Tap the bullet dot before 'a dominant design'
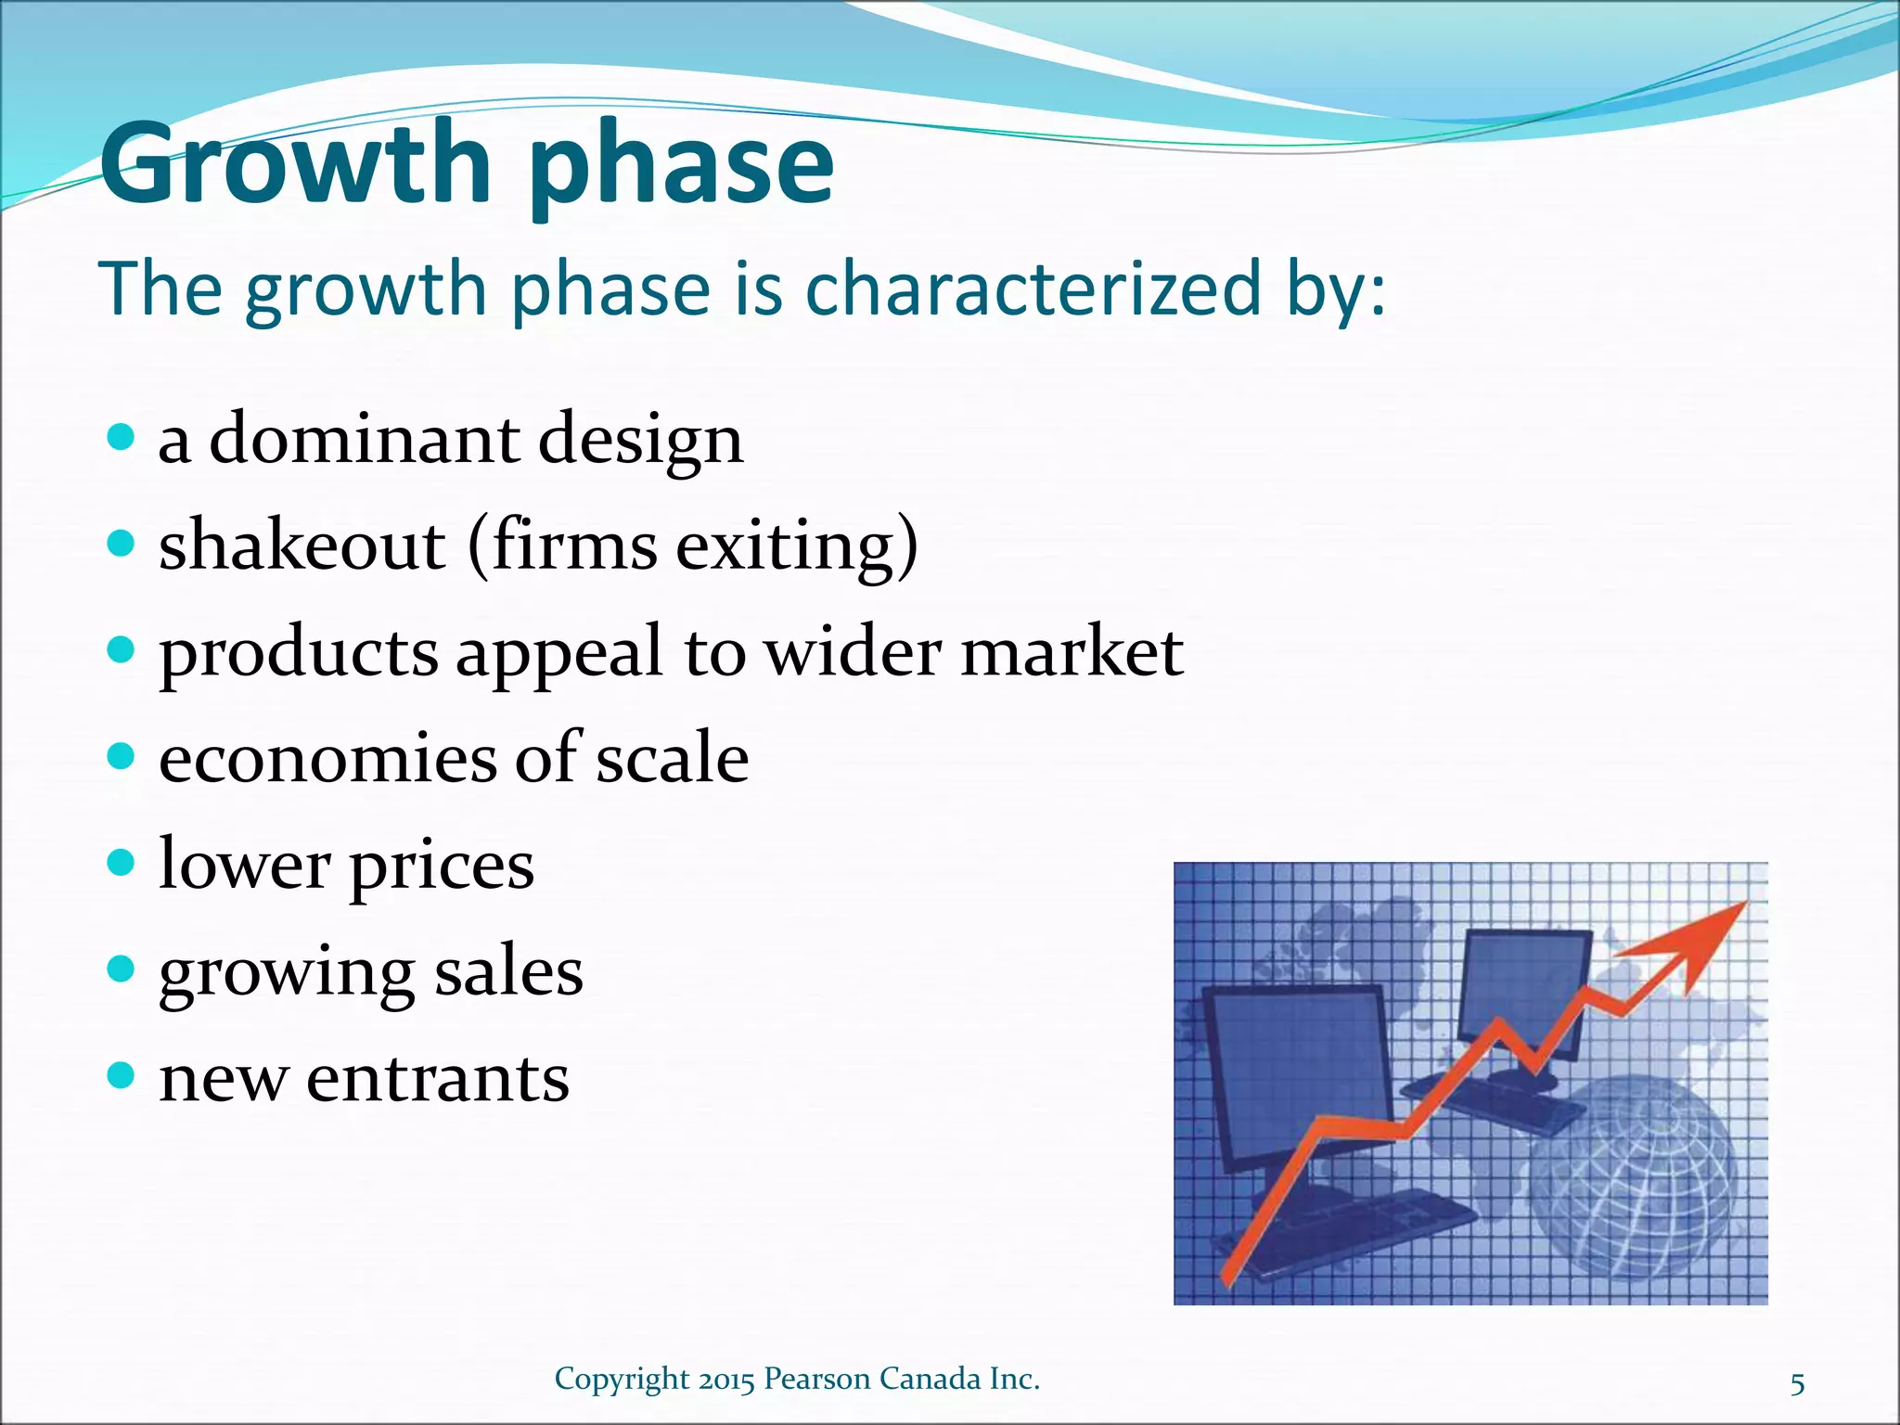pyautogui.click(x=121, y=437)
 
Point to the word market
pyautogui.click(x=1072, y=651)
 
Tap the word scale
pyautogui.click(x=672, y=758)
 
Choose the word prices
pyautogui.click(x=441, y=867)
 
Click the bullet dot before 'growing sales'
pyautogui.click(x=121, y=970)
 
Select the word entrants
pyautogui.click(x=437, y=1078)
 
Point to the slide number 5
pyautogui.click(x=1797, y=1384)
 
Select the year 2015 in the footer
pyautogui.click(x=727, y=1380)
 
